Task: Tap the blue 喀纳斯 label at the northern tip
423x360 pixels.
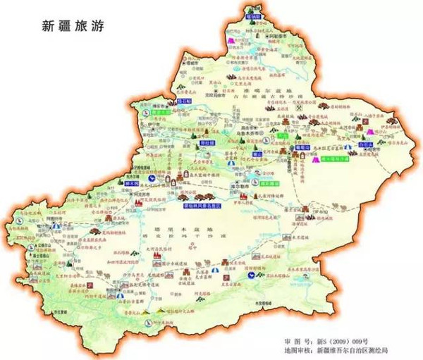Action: click(253, 14)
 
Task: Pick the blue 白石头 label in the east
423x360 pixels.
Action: click(365, 142)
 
